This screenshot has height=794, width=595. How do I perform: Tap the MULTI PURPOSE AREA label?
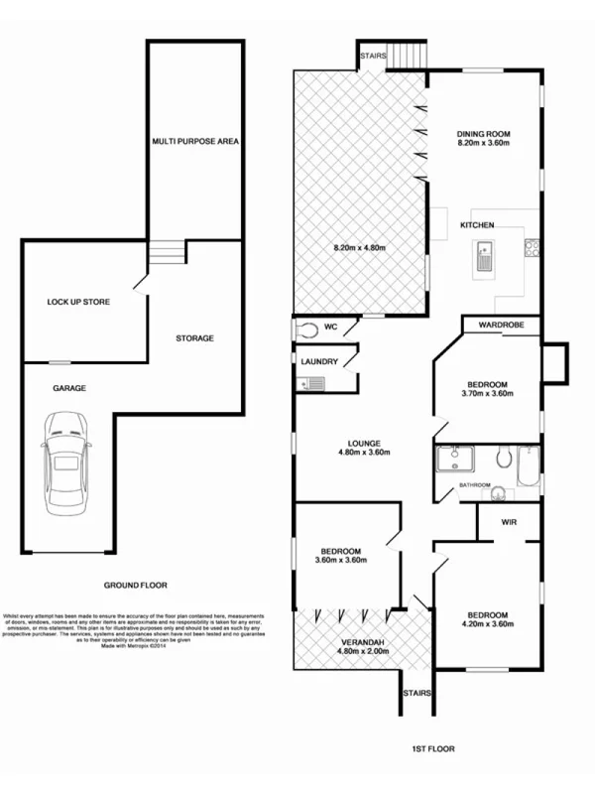(x=195, y=141)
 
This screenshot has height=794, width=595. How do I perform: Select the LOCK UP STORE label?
(x=78, y=302)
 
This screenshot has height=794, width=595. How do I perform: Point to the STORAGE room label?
(x=194, y=338)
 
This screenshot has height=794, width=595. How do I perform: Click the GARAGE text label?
(x=68, y=390)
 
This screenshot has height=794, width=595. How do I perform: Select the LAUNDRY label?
(x=319, y=362)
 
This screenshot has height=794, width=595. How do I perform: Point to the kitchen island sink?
(x=486, y=260)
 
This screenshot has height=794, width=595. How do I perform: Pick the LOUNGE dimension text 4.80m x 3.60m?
(x=360, y=454)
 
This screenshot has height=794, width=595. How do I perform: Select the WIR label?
(x=510, y=521)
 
